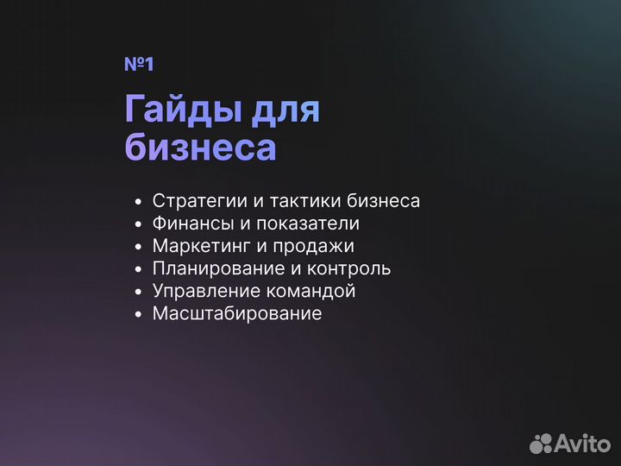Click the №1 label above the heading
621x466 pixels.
[139, 65]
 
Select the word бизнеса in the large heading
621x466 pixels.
[200, 147]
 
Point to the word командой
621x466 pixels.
[313, 291]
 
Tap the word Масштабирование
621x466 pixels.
[237, 313]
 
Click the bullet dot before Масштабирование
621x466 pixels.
[138, 314]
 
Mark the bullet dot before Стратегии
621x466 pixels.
[138, 202]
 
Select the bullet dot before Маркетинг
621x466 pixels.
[138, 247]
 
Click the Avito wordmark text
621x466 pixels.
[581, 444]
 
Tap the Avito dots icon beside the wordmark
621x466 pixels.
[541, 444]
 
